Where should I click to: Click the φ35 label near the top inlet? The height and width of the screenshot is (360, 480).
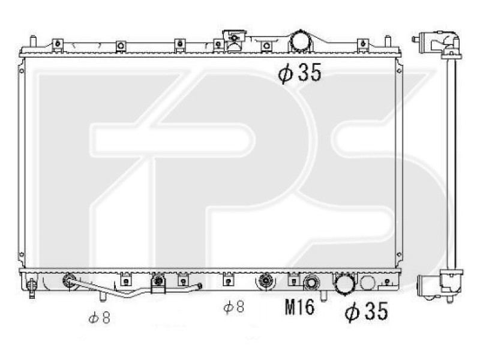click(299, 73)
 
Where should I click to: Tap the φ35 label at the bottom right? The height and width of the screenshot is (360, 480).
click(365, 311)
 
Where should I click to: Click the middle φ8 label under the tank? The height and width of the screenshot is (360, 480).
click(233, 308)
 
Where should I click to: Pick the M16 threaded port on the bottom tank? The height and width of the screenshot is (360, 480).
click(311, 283)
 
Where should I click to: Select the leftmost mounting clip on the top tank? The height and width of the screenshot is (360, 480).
click(58, 44)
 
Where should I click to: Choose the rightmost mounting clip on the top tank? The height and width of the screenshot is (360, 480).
click(362, 44)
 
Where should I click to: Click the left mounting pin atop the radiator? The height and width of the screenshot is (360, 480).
click(34, 42)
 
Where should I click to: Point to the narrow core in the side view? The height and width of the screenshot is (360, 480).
click(451, 162)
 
